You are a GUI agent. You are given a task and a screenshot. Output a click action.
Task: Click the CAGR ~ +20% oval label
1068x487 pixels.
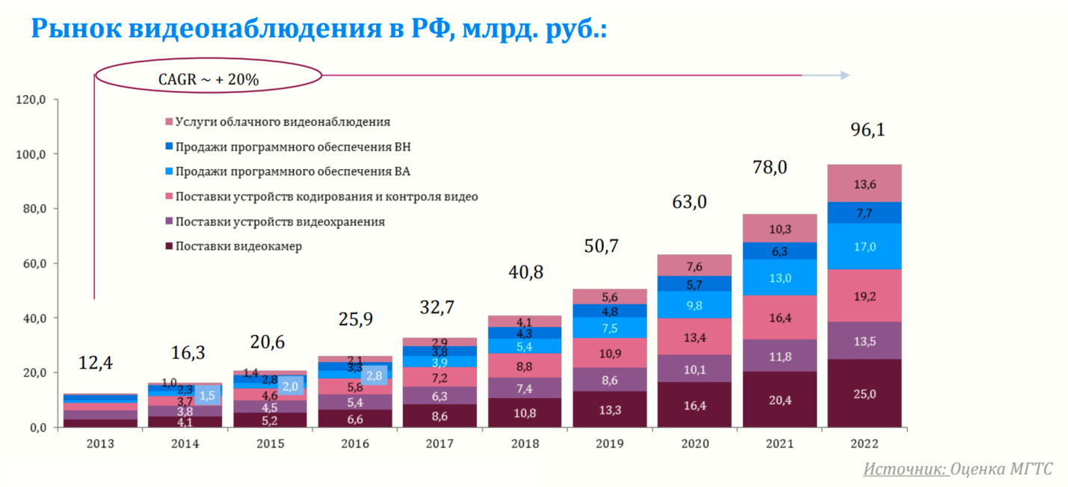[x=208, y=77]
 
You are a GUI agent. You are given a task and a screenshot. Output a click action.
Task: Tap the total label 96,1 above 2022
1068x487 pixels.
[x=867, y=130]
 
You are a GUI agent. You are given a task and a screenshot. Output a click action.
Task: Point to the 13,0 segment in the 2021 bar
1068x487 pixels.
[x=780, y=278]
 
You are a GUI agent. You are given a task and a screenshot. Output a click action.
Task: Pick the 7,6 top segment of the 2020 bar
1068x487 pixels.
[x=694, y=266]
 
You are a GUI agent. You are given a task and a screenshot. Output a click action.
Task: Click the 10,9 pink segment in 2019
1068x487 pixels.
[x=610, y=352]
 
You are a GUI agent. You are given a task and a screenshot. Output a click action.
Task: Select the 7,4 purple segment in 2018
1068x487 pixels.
[x=524, y=388]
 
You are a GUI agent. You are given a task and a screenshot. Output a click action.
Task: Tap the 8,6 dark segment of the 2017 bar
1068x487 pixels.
[x=439, y=417]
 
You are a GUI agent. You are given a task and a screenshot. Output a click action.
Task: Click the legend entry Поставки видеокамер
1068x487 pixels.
[x=238, y=246]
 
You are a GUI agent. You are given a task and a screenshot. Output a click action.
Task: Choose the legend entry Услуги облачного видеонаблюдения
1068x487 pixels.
[x=282, y=122]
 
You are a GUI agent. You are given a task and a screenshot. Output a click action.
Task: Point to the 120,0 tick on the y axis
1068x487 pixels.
[x=31, y=100]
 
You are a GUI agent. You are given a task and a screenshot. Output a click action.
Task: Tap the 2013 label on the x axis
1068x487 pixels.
[x=100, y=444]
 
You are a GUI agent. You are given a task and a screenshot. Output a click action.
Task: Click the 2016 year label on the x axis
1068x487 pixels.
[x=355, y=444]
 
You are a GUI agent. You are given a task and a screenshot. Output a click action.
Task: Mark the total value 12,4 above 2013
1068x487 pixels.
[x=96, y=364]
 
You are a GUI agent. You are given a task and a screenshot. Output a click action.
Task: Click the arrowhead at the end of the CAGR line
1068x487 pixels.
[x=845, y=76]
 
